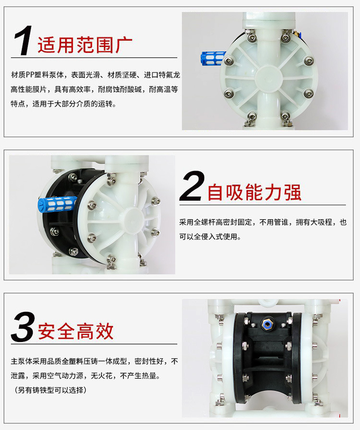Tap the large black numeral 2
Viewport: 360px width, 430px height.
[x=192, y=185]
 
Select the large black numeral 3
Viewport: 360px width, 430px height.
[x=23, y=327]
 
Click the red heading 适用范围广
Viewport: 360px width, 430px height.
[x=85, y=45]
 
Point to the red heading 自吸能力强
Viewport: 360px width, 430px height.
[x=254, y=192]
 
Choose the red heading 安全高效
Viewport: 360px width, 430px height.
[x=76, y=332]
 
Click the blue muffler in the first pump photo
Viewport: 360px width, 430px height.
[x=213, y=58]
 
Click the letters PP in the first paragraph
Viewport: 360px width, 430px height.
[x=30, y=75]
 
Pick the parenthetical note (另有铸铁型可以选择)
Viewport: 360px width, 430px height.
[x=50, y=390]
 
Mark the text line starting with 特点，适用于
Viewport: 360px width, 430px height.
[x=63, y=104]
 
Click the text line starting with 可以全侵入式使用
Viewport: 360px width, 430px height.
[x=210, y=237]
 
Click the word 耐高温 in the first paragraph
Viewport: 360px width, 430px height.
[x=159, y=89]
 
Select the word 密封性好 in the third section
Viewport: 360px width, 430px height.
[x=149, y=361]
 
